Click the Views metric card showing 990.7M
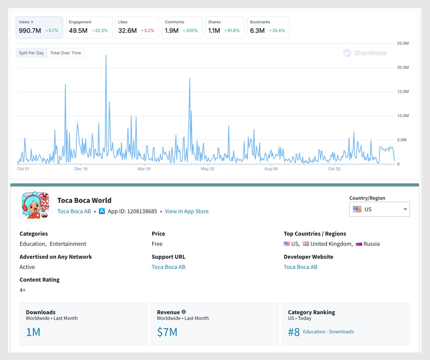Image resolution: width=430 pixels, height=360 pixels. [39, 27]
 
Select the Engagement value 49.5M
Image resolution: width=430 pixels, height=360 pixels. [78, 31]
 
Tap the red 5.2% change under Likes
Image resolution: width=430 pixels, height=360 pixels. [148, 31]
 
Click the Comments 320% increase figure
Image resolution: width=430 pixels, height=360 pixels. [190, 31]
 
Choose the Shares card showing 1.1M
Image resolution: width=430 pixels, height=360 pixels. [224, 27]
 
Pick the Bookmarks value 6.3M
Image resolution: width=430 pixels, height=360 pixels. [257, 31]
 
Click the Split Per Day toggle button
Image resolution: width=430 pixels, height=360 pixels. [32, 53]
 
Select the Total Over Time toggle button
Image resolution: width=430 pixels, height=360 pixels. [66, 53]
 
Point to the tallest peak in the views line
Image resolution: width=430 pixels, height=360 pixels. [106, 56]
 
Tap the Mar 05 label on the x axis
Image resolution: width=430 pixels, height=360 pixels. [144, 169]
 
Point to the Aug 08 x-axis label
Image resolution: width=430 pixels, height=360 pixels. [271, 169]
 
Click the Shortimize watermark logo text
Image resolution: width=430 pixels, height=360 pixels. [370, 53]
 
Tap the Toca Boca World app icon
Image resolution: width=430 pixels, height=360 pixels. [35, 205]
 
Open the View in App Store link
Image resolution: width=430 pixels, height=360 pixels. [186, 212]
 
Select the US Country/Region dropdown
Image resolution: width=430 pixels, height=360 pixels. [379, 209]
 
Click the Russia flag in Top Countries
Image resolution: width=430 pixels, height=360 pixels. [359, 244]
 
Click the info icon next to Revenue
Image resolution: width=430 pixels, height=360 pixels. [184, 312]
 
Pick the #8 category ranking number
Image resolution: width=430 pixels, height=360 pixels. [294, 332]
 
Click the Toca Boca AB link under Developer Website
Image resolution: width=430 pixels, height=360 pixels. [300, 267]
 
